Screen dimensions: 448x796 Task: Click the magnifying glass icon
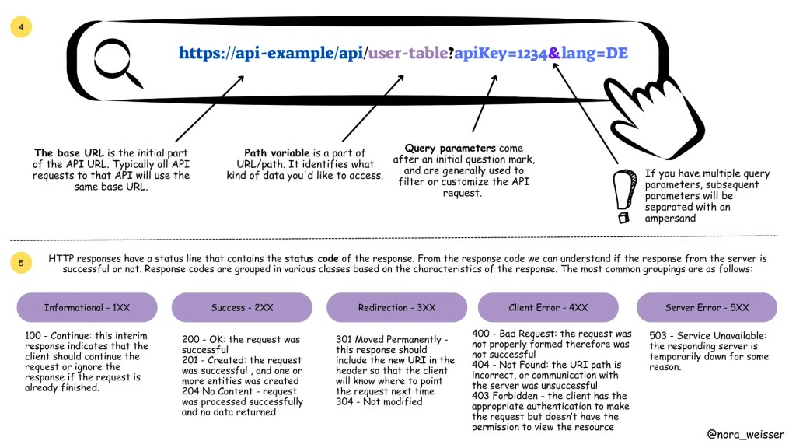pyautogui.click(x=117, y=61)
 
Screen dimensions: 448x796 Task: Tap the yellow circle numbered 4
pyautogui.click(x=21, y=27)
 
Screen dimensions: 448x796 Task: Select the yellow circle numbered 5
pyautogui.click(x=21, y=264)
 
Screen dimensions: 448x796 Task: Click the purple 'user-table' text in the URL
pyautogui.click(x=407, y=54)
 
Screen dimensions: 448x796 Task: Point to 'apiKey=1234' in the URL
pyautogui.click(x=501, y=54)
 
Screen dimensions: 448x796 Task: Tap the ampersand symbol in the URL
pyautogui.click(x=554, y=54)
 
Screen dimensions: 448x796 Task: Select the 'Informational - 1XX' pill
pyautogui.click(x=87, y=307)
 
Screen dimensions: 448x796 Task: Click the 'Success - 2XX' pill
pyautogui.click(x=242, y=307)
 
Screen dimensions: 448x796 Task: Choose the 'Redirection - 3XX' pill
pyautogui.click(x=396, y=307)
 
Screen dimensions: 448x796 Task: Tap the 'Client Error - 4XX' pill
pyautogui.click(x=548, y=307)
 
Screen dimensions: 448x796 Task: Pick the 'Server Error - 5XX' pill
pyautogui.click(x=707, y=307)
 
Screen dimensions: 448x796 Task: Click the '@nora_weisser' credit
pyautogui.click(x=745, y=435)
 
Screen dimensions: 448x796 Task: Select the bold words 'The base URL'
pyautogui.click(x=65, y=152)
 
